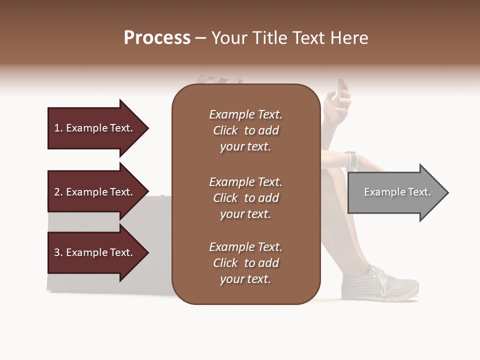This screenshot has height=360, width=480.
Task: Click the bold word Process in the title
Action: click(x=157, y=38)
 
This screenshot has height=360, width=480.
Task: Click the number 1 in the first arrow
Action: click(x=57, y=128)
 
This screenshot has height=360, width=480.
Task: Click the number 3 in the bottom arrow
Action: click(x=57, y=252)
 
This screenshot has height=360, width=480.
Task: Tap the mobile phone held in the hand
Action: click(x=340, y=91)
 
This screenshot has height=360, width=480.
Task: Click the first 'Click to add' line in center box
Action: click(x=245, y=130)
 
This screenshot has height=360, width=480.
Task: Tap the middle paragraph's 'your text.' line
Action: click(x=245, y=214)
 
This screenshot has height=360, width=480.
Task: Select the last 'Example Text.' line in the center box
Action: click(x=245, y=247)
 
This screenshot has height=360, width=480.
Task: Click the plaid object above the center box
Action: click(x=218, y=79)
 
